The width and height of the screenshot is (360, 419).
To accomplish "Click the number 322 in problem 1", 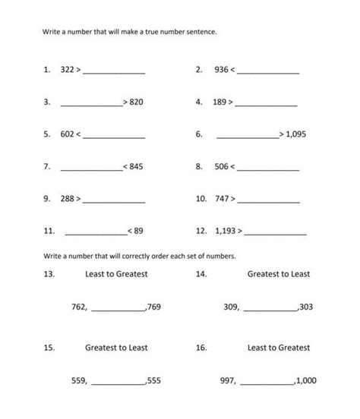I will click(67, 70).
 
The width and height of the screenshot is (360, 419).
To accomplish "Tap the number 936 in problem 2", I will click(221, 70).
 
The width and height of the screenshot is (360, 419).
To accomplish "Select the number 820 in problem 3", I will click(136, 101).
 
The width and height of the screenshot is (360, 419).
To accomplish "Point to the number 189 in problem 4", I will click(221, 101).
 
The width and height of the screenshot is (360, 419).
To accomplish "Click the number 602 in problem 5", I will click(67, 134).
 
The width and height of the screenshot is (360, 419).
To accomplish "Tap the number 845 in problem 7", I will click(136, 165).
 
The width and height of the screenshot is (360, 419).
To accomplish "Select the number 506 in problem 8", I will click(221, 165).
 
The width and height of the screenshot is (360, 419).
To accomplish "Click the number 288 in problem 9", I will click(67, 198).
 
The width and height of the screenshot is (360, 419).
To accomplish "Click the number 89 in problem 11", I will click(138, 230).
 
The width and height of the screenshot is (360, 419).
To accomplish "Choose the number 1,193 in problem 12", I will click(225, 230).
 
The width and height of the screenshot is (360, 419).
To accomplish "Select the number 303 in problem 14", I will click(305, 307).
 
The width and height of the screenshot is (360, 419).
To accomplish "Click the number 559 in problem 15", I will click(78, 380).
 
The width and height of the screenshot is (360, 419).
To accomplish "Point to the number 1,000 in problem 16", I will click(306, 380).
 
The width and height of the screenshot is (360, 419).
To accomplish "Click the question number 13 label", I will click(49, 274).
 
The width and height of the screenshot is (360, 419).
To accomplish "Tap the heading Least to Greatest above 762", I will click(116, 274).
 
